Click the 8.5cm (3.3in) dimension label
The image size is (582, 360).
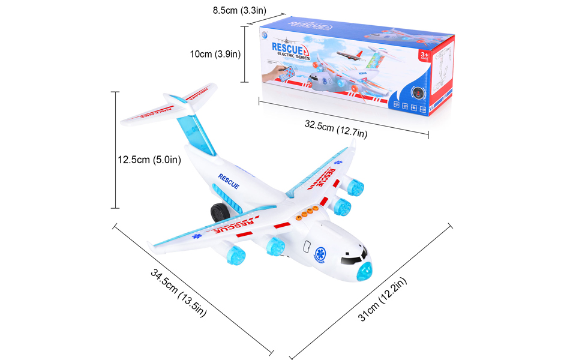239,10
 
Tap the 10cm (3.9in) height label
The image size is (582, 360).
215,54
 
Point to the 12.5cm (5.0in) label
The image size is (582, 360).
149,160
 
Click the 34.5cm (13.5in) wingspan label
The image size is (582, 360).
179,293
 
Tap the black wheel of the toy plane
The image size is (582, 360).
218,213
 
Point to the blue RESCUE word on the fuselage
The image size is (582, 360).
228,181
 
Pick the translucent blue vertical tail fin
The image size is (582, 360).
197,126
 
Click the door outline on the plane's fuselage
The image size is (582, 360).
306,248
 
